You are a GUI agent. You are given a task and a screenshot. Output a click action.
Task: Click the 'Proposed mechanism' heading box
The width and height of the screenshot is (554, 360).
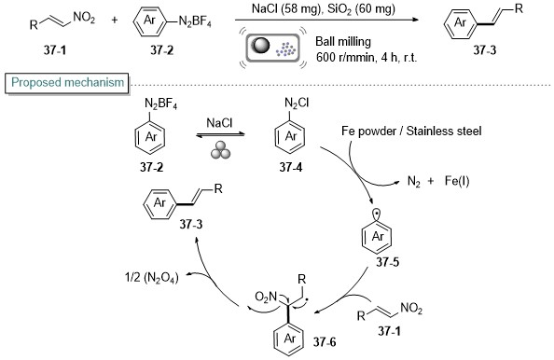coord(67,83)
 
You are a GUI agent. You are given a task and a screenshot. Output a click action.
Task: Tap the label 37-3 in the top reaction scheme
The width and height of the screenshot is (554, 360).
coord(484,50)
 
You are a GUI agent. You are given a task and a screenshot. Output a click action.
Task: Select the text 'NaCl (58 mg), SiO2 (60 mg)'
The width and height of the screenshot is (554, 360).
coord(324,8)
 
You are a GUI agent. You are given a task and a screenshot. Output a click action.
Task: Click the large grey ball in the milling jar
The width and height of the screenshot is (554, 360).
coord(261,46)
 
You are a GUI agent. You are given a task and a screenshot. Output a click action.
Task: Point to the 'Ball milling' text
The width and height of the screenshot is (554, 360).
coord(343,42)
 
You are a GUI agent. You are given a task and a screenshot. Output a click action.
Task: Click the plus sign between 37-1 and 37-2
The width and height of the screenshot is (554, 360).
coord(114,21)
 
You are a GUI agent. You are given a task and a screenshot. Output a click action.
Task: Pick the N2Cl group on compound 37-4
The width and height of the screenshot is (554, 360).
coord(296,103)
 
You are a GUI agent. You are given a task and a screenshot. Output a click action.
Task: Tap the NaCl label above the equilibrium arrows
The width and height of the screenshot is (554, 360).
coord(219,123)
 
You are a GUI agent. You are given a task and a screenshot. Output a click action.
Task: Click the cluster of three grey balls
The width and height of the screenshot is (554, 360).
coord(220,150)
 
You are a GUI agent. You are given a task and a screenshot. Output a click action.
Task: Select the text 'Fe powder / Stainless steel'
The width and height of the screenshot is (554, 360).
coord(411,132)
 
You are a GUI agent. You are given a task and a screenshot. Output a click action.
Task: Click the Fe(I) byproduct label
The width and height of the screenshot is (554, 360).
coord(457,181)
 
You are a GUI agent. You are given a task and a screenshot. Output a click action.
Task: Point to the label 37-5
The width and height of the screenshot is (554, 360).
coord(387,262)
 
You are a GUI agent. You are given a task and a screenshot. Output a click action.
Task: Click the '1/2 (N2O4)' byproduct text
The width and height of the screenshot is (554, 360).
coord(152,278)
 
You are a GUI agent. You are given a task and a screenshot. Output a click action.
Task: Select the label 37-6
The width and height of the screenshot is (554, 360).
coord(325,341)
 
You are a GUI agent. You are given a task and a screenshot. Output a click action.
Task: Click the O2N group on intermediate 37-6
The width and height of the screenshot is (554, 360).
coord(266,298)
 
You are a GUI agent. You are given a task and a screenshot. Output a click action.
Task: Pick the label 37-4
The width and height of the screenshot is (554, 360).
coord(290,167)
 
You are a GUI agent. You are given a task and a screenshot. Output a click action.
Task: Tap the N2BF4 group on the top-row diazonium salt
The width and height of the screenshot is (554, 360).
coord(195,21)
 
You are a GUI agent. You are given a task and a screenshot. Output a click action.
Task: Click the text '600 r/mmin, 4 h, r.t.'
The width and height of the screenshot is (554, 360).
coord(367,57)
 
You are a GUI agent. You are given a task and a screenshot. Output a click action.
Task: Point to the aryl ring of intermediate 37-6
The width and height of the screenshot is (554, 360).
coord(289,339)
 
